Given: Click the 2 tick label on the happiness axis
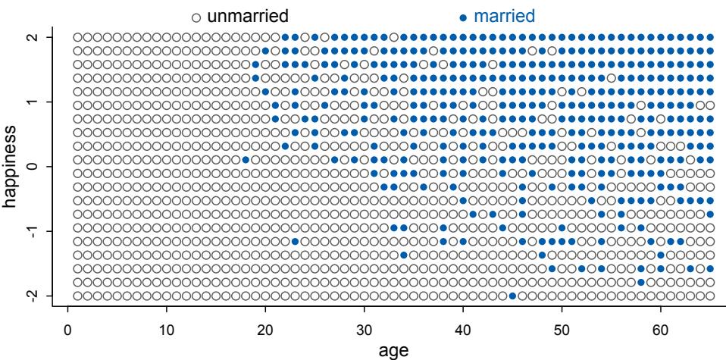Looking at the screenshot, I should (x=28, y=36).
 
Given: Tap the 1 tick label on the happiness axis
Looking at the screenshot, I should (x=28, y=102).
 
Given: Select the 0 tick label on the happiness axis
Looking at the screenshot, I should (x=28, y=166).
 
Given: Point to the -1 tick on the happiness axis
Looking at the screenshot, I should (x=28, y=230).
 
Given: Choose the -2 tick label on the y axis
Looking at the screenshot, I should (x=28, y=295).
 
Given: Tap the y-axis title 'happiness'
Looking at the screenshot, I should (x=10, y=165).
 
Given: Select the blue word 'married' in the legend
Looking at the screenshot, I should (x=503, y=14).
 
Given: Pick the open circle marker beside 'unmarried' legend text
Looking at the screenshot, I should (x=196, y=16).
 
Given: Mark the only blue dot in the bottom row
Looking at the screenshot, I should (x=512, y=296).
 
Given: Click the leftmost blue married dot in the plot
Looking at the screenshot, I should (x=246, y=159).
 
